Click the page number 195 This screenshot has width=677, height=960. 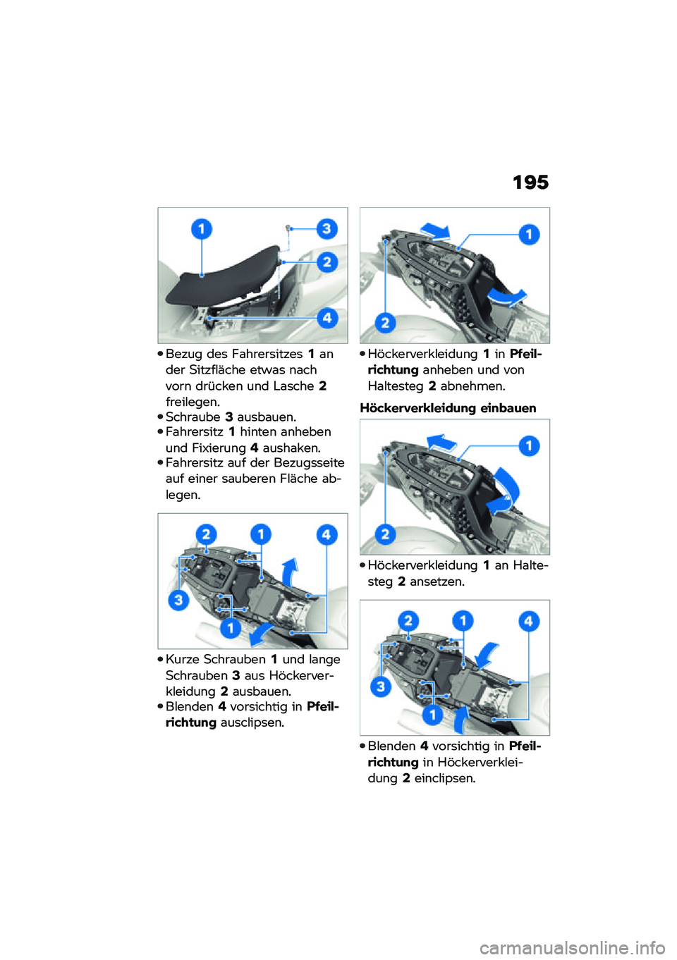[530, 183]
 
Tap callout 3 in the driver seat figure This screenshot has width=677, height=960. [327, 228]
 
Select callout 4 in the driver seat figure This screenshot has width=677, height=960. [327, 318]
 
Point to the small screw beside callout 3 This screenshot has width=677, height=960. [289, 227]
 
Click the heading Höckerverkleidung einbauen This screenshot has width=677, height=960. [448, 407]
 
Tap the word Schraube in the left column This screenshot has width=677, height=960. [193, 417]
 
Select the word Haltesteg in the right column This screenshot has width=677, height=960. [396, 386]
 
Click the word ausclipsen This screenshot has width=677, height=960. [252, 722]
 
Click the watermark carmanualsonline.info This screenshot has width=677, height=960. [578, 947]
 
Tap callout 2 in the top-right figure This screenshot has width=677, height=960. [385, 322]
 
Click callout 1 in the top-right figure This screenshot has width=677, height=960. [529, 234]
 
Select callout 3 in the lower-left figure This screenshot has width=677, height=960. [178, 600]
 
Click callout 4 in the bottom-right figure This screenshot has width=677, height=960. [529, 621]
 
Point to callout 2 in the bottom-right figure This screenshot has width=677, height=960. [408, 620]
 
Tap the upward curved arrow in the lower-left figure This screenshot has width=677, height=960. [289, 572]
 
